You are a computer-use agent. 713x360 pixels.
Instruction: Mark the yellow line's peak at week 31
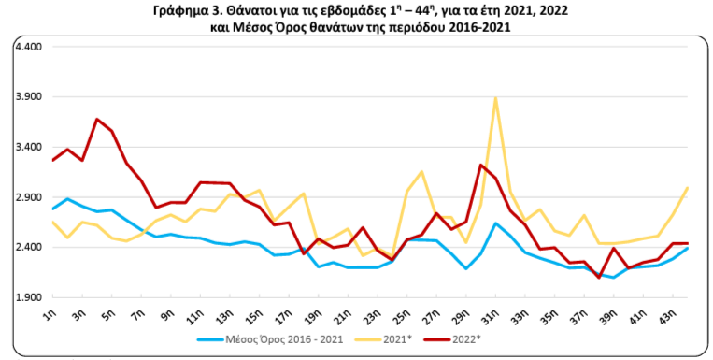[x=495, y=97]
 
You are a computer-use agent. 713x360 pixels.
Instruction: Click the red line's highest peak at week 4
[x=97, y=119]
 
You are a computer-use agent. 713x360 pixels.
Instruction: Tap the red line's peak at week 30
[x=480, y=165]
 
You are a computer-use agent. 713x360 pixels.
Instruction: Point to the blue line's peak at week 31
[x=495, y=223]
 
